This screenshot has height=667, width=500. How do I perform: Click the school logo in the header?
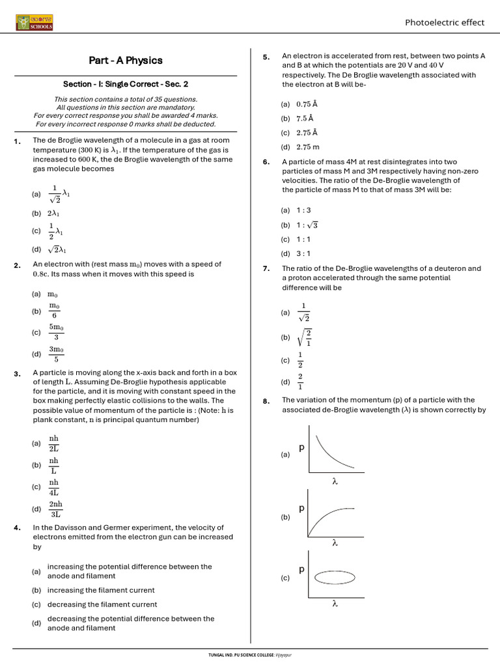(x=35, y=23)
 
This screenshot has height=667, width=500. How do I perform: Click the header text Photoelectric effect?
(x=445, y=22)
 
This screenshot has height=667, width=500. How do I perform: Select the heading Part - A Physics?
(x=126, y=61)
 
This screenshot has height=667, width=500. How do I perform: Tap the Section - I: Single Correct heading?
(x=126, y=84)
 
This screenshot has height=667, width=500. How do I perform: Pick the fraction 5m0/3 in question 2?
(x=56, y=332)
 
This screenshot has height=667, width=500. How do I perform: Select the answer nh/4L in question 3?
(x=54, y=487)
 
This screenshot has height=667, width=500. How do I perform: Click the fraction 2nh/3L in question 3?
(x=55, y=509)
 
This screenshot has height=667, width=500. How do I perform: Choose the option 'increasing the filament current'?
(x=101, y=590)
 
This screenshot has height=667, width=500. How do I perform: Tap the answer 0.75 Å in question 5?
(x=307, y=104)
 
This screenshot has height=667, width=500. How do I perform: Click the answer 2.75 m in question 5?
(x=307, y=147)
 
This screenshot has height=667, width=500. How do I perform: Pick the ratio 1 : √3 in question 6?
(x=307, y=225)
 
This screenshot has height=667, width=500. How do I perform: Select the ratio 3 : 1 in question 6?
(x=303, y=253)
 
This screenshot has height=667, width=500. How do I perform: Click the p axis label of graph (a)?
(x=301, y=448)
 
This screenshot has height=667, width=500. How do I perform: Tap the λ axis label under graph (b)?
(x=335, y=542)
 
